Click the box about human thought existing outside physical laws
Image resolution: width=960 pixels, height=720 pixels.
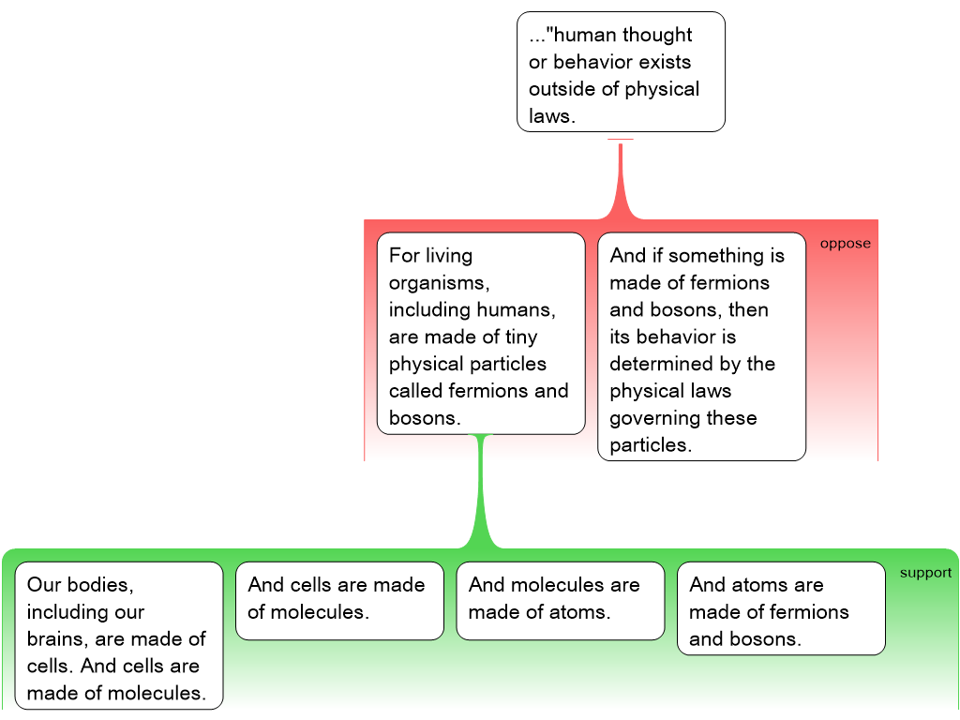pos(621,71)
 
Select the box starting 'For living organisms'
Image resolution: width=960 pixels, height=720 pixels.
pos(481,334)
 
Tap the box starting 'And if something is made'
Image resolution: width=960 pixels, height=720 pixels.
pos(701,347)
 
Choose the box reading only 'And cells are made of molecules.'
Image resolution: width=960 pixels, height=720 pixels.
pos(339,600)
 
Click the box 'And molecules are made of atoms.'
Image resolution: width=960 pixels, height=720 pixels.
pos(560,600)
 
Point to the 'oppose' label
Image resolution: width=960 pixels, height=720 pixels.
pos(845,244)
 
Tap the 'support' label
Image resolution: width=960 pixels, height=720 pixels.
pos(925,573)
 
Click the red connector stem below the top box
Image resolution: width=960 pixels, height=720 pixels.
pos(620,178)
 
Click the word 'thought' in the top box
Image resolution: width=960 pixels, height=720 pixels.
pos(656,36)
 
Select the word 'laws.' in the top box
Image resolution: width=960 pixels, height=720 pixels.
pos(550,117)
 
